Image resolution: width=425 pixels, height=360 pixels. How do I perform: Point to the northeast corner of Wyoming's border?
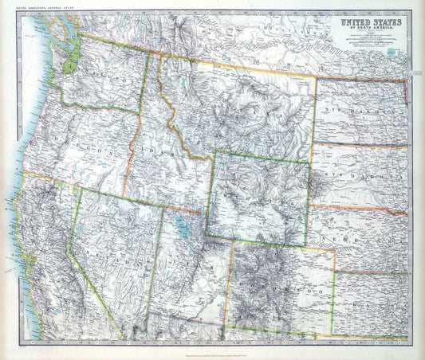[309, 162]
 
